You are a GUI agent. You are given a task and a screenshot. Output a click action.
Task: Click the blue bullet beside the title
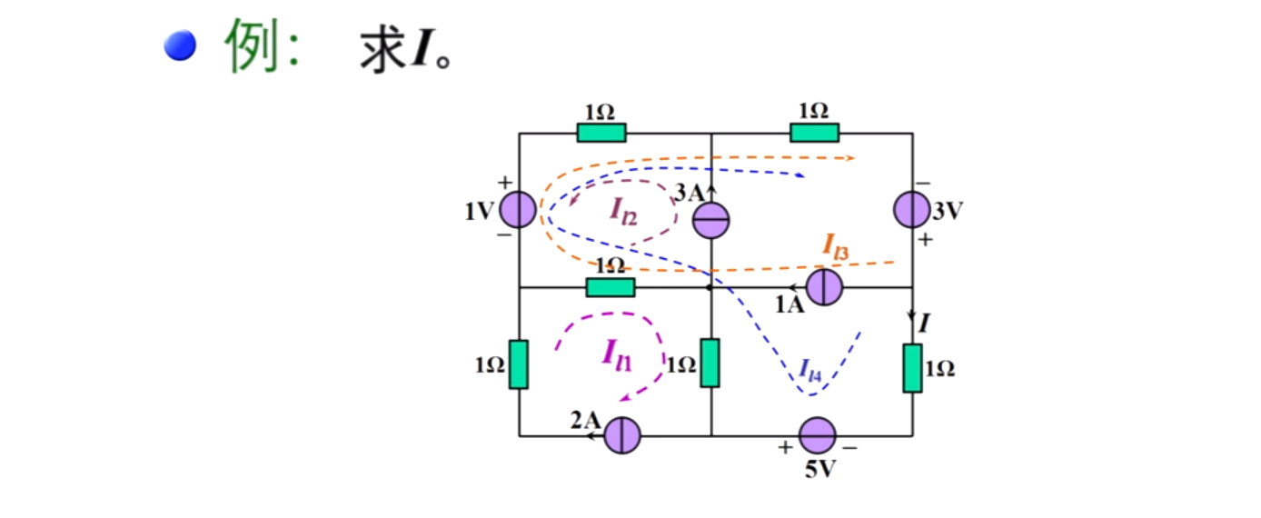point(180,45)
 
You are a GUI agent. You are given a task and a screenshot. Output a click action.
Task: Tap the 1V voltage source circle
point(519,210)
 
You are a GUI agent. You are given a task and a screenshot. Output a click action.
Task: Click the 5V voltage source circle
point(817,435)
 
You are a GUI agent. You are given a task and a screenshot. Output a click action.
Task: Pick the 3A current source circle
point(711,220)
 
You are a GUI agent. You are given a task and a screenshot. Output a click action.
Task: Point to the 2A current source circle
point(623,435)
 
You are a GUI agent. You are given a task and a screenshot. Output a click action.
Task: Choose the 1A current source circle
point(825,287)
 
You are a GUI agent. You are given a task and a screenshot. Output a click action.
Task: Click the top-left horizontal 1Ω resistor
point(601,133)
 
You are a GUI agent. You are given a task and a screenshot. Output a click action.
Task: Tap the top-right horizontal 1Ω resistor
point(814,133)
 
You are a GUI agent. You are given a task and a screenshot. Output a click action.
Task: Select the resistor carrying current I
point(912,368)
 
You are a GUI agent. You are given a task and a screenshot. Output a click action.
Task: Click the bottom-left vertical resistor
point(518,364)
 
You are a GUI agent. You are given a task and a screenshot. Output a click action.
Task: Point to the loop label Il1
point(617,354)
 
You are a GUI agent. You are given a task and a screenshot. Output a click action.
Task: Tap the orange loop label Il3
point(835,245)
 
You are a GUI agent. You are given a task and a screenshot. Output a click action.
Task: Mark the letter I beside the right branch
point(924,322)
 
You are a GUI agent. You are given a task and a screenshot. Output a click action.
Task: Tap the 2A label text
point(585,420)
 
